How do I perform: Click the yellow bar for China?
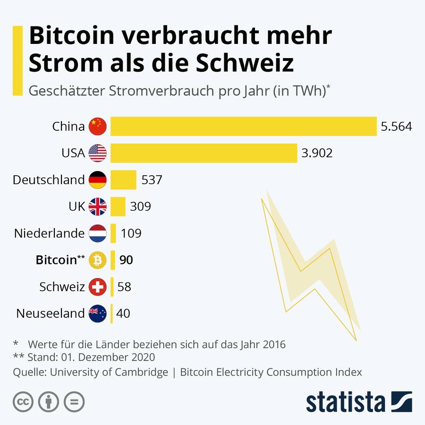tap(243, 126)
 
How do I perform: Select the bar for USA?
tap(204, 153)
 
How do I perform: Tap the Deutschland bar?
tap(123, 180)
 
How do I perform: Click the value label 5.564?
tap(396, 127)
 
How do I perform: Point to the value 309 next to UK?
tap(140, 207)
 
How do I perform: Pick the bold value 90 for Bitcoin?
tap(126, 260)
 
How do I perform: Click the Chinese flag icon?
tap(98, 126)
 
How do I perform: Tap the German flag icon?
tap(98, 180)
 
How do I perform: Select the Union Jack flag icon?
tap(98, 207)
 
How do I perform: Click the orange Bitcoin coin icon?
tap(98, 260)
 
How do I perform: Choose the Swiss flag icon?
tap(98, 287)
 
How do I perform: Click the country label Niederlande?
tap(49, 233)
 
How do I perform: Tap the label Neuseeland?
tap(50, 314)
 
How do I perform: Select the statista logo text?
tap(345, 402)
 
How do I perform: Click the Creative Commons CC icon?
tap(23, 402)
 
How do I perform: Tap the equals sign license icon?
tap(74, 402)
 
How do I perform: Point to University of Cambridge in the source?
tap(109, 372)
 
